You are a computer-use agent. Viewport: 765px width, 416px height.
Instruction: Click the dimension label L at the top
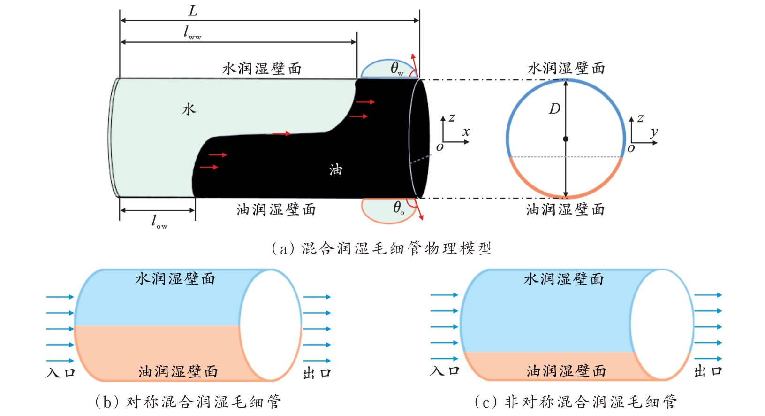[193, 11]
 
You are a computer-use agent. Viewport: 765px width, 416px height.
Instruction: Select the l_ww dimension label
[192, 32]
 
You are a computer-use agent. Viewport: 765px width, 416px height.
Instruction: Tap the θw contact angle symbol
[397, 69]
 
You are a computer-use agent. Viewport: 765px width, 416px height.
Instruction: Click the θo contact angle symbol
[398, 208]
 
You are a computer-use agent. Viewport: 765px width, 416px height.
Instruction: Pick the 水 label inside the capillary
[189, 109]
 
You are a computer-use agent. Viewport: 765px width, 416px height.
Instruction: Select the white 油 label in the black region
[335, 169]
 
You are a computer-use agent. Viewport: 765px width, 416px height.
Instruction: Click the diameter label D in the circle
[554, 109]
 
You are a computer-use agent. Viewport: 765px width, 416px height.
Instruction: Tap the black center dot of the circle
[566, 139]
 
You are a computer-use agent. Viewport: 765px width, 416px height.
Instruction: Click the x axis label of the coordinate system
[466, 132]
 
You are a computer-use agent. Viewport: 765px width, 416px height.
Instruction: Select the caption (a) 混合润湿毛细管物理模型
[381, 248]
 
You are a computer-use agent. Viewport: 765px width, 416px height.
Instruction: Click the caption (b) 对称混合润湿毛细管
[188, 402]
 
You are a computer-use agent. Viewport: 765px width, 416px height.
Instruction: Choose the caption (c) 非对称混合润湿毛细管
[576, 402]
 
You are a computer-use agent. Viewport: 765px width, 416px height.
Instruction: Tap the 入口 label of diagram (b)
[61, 373]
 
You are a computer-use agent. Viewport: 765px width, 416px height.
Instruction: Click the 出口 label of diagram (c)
[708, 371]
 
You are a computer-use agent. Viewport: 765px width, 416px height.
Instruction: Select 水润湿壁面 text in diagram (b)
[175, 279]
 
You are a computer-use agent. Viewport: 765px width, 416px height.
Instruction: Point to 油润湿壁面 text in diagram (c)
[566, 371]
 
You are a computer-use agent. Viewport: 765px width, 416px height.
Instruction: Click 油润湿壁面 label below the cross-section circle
[565, 209]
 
